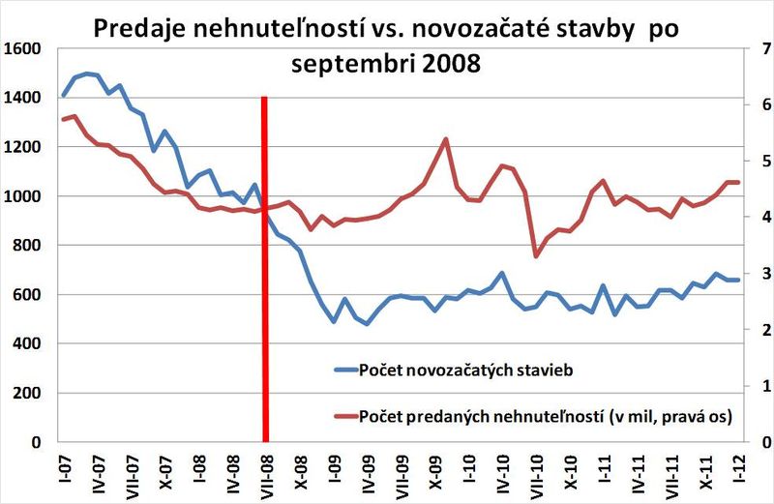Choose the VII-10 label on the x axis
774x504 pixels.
[537, 473]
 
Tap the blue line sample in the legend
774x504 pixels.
[343, 370]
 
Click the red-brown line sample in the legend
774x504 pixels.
[343, 416]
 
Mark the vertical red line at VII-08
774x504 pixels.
[265, 290]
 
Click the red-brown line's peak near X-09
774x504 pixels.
[446, 138]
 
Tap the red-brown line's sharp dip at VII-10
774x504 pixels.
[537, 256]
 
